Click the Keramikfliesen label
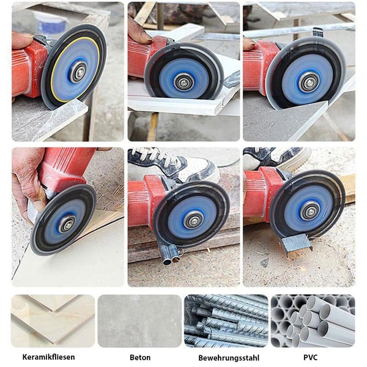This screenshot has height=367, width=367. pyautogui.click(x=49, y=357)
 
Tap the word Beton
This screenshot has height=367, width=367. pyautogui.click(x=140, y=357)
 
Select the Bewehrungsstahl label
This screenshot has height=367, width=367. pyautogui.click(x=229, y=358)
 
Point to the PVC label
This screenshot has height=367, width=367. pyautogui.click(x=310, y=357)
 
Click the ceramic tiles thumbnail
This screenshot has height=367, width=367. pyautogui.click(x=53, y=321)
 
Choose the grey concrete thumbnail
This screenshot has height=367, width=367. pyautogui.click(x=139, y=321)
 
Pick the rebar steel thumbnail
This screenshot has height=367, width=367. pyautogui.click(x=226, y=321)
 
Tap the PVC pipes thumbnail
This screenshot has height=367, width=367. pyautogui.click(x=313, y=321)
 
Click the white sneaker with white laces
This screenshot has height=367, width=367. pyautogui.click(x=174, y=165)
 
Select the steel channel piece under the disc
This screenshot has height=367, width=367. pyautogui.click(x=296, y=243)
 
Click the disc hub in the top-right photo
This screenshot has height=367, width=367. pyautogui.click(x=310, y=82)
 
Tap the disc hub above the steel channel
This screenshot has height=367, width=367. pyautogui.click(x=310, y=210)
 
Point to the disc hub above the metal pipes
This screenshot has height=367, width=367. pyautogui.click(x=193, y=219)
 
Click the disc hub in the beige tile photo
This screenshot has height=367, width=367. pyautogui.click(x=67, y=224)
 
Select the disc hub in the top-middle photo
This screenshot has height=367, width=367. pyautogui.click(x=183, y=81)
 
